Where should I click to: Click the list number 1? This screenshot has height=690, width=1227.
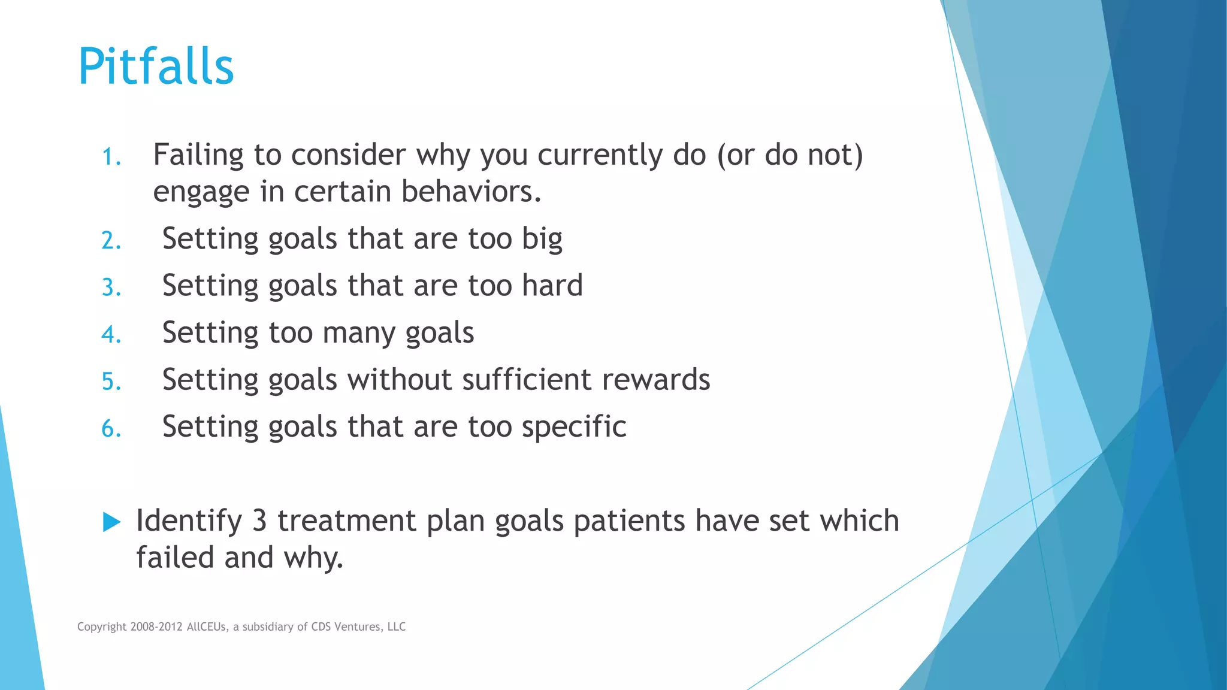[111, 157]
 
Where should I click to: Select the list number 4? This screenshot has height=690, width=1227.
[111, 334]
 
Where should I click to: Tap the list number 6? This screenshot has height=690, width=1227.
[111, 429]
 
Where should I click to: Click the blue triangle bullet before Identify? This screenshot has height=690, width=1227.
[111, 522]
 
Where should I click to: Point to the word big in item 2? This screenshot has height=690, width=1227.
[542, 240]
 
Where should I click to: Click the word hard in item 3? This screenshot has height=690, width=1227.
[552, 285]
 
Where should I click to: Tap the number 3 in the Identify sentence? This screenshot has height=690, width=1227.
[259, 520]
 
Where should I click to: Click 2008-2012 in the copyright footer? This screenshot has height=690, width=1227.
[156, 627]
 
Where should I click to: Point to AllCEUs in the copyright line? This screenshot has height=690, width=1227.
[207, 627]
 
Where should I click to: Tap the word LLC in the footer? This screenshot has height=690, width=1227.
[396, 627]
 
